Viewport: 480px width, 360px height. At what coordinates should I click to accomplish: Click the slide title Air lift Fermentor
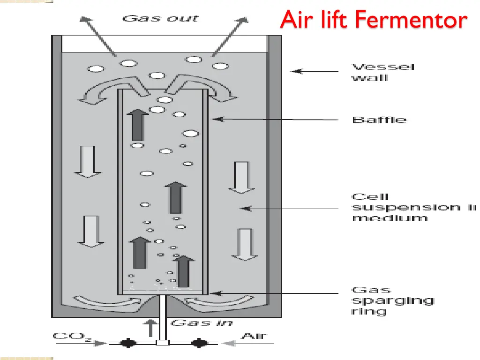[x=374, y=20]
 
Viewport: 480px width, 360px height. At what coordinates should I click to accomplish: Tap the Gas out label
[x=160, y=19]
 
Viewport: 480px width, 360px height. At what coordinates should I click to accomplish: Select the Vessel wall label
[x=383, y=72]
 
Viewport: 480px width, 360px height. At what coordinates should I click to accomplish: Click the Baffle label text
[x=379, y=120]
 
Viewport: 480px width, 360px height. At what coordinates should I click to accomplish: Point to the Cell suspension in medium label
[x=412, y=207]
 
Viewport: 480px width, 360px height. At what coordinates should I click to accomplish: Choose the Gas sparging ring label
[x=393, y=300]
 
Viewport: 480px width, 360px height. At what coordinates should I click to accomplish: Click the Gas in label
[x=202, y=323]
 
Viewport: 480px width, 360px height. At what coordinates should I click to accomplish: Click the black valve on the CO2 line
[x=126, y=343]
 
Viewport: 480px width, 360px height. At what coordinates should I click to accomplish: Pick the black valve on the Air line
[x=199, y=343]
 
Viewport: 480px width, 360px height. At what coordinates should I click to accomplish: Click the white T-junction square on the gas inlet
[x=162, y=343]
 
